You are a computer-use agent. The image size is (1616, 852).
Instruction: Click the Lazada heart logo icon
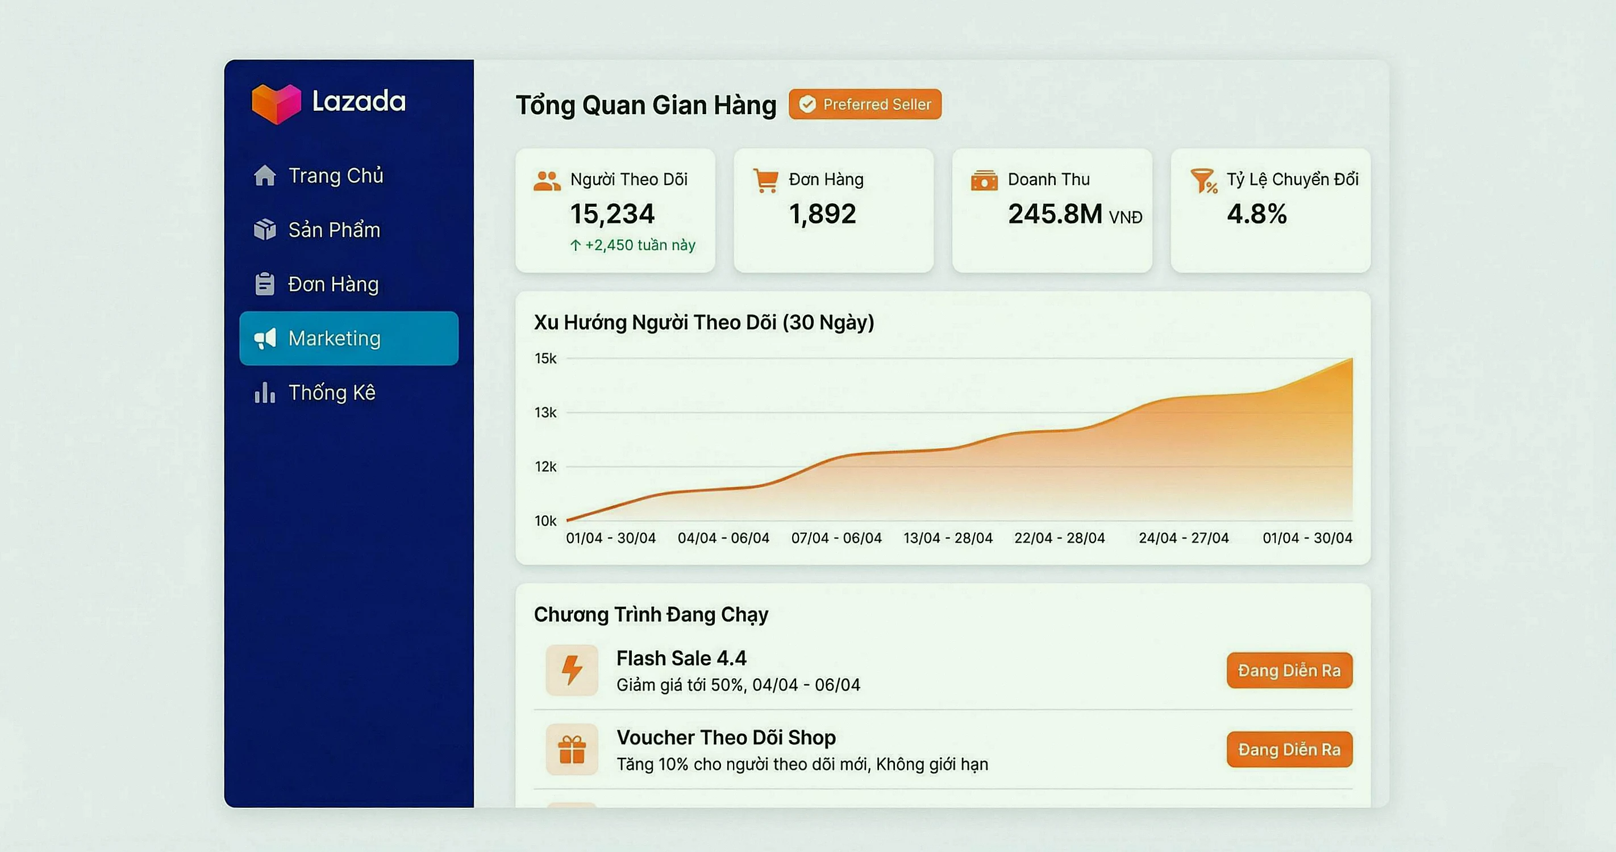click(x=276, y=103)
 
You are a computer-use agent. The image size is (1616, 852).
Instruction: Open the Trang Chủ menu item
click(x=335, y=176)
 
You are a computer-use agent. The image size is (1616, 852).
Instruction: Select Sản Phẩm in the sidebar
click(x=334, y=230)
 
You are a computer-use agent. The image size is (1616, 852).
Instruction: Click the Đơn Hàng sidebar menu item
click(x=332, y=285)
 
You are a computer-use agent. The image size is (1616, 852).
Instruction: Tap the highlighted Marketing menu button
click(x=349, y=339)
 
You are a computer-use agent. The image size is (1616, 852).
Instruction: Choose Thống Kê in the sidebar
click(x=331, y=393)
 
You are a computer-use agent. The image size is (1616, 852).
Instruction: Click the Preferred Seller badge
click(x=864, y=104)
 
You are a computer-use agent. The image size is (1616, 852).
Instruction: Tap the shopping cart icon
click(x=765, y=181)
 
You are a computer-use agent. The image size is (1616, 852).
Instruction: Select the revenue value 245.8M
click(x=1055, y=214)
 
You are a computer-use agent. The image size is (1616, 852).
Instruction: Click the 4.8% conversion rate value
click(x=1256, y=214)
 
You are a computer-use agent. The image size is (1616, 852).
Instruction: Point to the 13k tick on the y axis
click(x=545, y=412)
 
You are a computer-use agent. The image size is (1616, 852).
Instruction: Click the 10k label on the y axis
click(x=545, y=521)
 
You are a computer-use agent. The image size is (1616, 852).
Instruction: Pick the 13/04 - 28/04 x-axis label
click(x=947, y=538)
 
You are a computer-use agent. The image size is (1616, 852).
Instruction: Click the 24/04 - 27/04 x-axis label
click(x=1183, y=538)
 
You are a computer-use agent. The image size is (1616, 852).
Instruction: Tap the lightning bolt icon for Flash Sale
click(x=572, y=670)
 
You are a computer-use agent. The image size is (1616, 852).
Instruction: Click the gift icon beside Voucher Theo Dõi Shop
click(x=572, y=750)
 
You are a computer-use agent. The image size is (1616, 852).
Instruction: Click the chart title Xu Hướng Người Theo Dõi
click(x=703, y=322)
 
